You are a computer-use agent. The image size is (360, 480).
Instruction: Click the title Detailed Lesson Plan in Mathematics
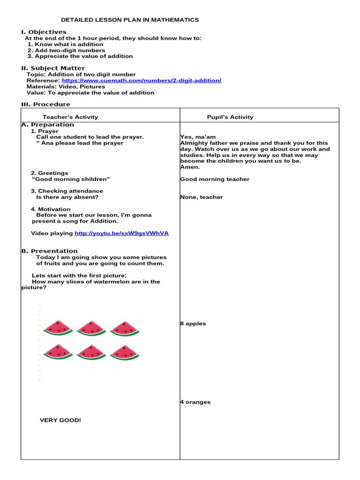130,20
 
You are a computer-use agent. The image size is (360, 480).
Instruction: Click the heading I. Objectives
44,32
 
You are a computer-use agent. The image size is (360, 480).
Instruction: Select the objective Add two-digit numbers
66,50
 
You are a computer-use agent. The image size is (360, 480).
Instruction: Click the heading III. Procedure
46,105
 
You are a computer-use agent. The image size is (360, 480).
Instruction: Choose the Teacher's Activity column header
70,117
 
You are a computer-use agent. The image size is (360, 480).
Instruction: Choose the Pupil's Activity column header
230,117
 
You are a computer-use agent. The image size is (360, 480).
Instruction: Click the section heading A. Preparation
48,125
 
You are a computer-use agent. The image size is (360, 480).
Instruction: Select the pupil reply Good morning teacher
215,179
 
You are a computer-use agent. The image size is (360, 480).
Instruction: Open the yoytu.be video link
121,233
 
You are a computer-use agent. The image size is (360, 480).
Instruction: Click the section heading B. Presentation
50,251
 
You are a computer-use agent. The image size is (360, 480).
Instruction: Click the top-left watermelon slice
58,328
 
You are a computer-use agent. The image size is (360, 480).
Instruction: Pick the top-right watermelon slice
125,328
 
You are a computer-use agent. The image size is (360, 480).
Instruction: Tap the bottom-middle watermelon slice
92,352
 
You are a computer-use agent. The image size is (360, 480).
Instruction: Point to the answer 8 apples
193,324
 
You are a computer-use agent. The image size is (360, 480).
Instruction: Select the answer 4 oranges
195,402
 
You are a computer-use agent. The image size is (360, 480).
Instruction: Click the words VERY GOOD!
60,420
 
